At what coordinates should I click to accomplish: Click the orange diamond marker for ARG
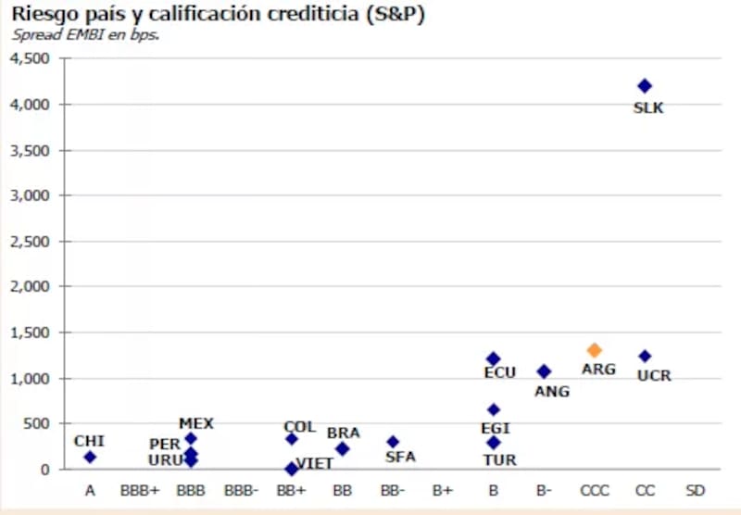pyautogui.click(x=594, y=350)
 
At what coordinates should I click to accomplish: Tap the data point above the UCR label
pyautogui.click(x=646, y=356)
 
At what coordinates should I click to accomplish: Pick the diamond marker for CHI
pyautogui.click(x=90, y=457)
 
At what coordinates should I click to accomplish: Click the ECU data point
pyautogui.click(x=494, y=358)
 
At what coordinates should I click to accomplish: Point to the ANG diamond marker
pyautogui.click(x=545, y=371)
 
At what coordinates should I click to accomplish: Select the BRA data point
pyautogui.click(x=343, y=449)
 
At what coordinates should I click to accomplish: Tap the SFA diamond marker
pyautogui.click(x=393, y=442)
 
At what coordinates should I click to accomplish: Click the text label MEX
pyautogui.click(x=196, y=423)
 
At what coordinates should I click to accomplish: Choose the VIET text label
pyautogui.click(x=315, y=463)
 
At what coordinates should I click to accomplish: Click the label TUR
pyautogui.click(x=500, y=459)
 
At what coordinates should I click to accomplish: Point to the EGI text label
pyautogui.click(x=496, y=428)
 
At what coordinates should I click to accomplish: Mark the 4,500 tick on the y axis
pyautogui.click(x=33, y=58)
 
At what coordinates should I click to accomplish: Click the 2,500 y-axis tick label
pyautogui.click(x=33, y=241)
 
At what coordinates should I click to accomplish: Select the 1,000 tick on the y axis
pyautogui.click(x=33, y=378)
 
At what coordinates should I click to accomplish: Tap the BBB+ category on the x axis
pyautogui.click(x=140, y=490)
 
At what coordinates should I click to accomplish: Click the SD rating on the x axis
pyautogui.click(x=696, y=490)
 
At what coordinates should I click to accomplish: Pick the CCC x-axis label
pyautogui.click(x=595, y=490)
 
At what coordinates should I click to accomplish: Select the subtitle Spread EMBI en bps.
pyautogui.click(x=85, y=35)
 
